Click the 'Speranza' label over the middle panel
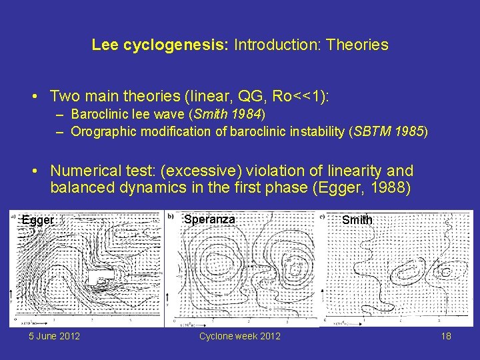click(209, 219)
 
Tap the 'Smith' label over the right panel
click(357, 220)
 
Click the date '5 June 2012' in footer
click(54, 336)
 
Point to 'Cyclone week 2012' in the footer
click(240, 336)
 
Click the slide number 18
click(446, 336)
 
